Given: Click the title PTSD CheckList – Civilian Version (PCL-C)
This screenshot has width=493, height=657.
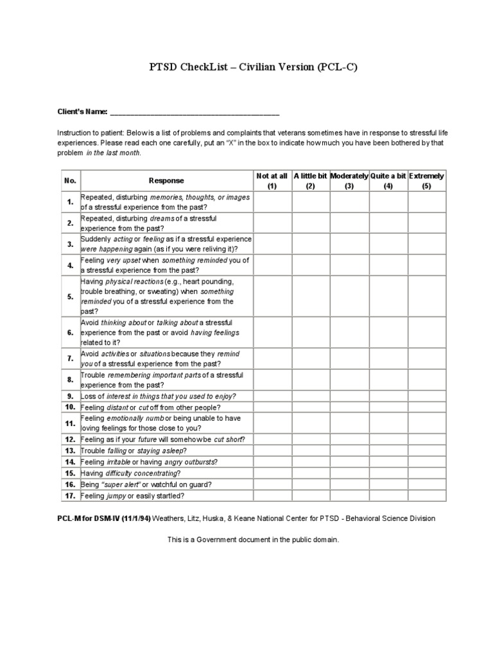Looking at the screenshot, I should pyautogui.click(x=246, y=68).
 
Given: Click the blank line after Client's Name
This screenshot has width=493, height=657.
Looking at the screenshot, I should pyautogui.click(x=195, y=112).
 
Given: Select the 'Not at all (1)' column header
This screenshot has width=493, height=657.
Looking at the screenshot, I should pyautogui.click(x=272, y=181).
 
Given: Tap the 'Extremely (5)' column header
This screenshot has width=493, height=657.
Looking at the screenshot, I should pyautogui.click(x=427, y=181).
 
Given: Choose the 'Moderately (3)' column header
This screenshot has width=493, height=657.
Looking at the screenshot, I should pyautogui.click(x=349, y=181).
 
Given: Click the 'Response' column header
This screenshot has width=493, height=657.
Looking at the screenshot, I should pyautogui.click(x=166, y=181).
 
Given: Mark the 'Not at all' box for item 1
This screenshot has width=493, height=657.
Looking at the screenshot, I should pyautogui.click(x=272, y=202).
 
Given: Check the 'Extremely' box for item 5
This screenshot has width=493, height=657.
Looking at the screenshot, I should pyautogui.click(x=427, y=296).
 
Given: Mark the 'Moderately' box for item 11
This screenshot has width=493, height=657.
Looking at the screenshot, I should pyautogui.click(x=349, y=423).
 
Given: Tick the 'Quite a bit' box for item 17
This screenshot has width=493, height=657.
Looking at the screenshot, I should pyautogui.click(x=388, y=496).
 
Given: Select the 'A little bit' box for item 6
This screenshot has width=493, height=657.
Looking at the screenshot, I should pyautogui.click(x=311, y=332).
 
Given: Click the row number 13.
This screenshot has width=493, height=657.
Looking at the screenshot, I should pyautogui.click(x=71, y=450).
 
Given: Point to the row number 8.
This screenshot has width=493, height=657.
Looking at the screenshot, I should pyautogui.click(x=71, y=379).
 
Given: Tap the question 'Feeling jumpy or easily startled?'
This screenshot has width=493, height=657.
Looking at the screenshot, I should pyautogui.click(x=132, y=496).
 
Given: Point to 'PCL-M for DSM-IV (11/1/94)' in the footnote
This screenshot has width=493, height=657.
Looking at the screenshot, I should pyautogui.click(x=103, y=518).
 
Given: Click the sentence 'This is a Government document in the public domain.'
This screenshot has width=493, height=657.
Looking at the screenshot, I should pyautogui.click(x=252, y=540).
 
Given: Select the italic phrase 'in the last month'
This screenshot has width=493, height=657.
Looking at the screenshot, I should pyautogui.click(x=114, y=153).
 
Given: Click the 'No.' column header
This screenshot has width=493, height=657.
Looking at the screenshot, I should pyautogui.click(x=71, y=181).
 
